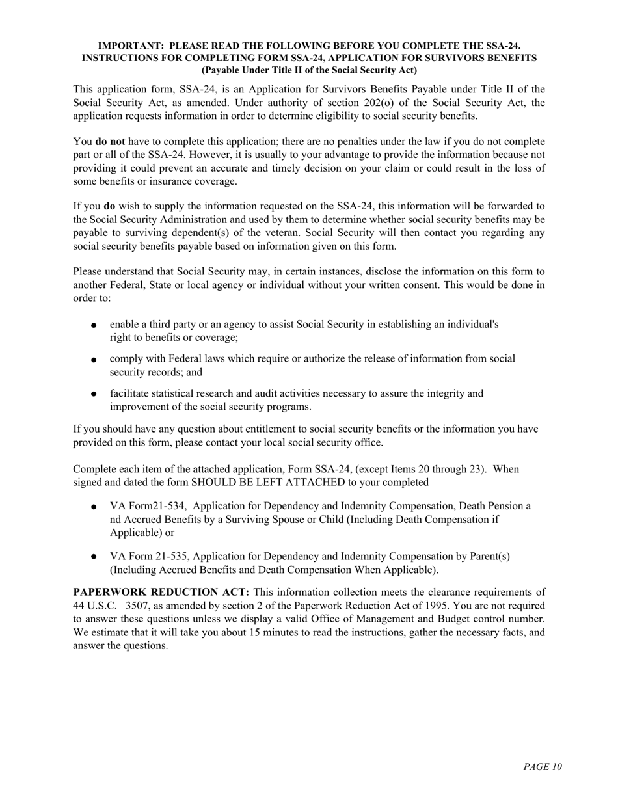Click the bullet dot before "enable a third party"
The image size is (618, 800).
[94, 325]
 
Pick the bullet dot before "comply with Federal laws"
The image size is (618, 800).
[94, 359]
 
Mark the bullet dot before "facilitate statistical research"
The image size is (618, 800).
[94, 394]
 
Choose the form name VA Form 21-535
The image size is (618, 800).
[150, 556]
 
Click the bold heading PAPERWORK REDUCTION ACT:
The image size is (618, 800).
[161, 593]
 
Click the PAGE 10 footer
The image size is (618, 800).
[542, 767]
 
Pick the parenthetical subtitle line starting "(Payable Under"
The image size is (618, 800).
[309, 70]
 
